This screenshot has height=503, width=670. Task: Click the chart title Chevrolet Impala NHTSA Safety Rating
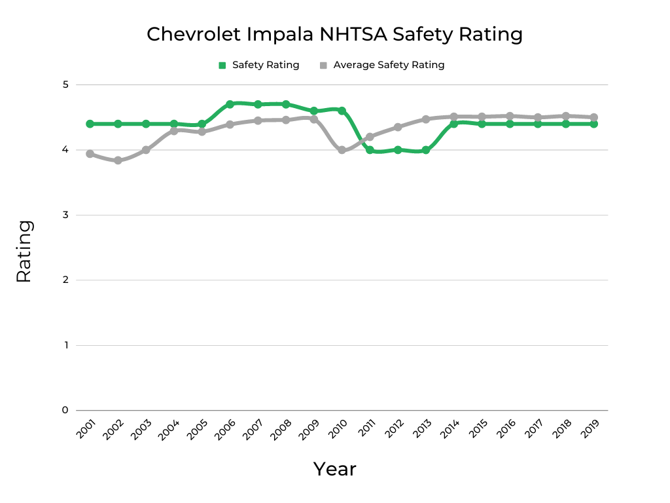coord(334,34)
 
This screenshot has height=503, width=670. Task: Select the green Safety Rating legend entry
coord(258,65)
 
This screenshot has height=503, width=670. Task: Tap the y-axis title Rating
coord(24,251)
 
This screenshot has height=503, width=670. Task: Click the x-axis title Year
coord(334,469)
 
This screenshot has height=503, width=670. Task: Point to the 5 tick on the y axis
coord(65,84)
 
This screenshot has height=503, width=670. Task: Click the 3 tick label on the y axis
coord(65,215)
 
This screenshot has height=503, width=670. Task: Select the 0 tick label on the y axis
coord(65,410)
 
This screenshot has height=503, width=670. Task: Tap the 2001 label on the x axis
coord(85,430)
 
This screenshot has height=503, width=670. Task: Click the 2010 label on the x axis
coord(337,430)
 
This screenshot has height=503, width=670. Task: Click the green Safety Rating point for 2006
coord(230,104)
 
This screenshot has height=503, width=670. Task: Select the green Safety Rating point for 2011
coord(370,150)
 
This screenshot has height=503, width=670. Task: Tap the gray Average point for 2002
coord(118,160)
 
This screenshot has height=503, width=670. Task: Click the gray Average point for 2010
coord(342,150)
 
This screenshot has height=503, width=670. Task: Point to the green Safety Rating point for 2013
coord(426,150)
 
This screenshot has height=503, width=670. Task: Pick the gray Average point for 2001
coord(90,154)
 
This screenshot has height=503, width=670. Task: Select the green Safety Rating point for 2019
coord(594,124)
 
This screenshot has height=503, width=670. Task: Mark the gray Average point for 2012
coord(398,127)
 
